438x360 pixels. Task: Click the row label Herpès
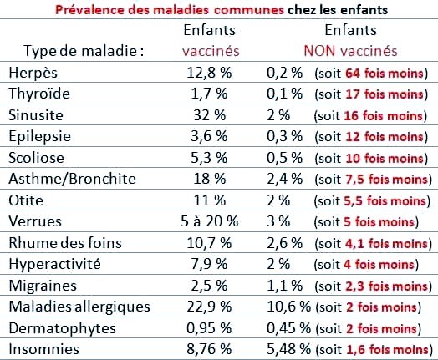coord(33,73)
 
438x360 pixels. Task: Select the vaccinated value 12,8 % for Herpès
coord(209,73)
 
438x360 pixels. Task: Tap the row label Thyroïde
coord(39,94)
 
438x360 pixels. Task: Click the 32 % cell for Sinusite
coord(210,115)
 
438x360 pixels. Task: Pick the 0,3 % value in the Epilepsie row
coord(285,136)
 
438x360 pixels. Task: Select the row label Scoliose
coord(36,158)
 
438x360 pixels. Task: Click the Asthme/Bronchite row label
coord(72,179)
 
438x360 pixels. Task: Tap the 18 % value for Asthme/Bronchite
coord(210,179)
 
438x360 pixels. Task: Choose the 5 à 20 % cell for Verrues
coord(210,221)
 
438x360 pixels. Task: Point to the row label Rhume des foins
coord(65,242)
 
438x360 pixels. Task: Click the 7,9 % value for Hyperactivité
coord(209,264)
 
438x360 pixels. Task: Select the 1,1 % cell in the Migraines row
coord(285,286)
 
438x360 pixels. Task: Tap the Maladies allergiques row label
coord(79,307)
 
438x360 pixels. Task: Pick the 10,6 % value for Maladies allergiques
coord(289,307)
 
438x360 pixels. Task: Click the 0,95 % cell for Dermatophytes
coord(209,328)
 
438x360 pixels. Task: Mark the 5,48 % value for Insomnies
coord(289,349)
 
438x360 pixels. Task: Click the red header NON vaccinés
coord(350,51)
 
